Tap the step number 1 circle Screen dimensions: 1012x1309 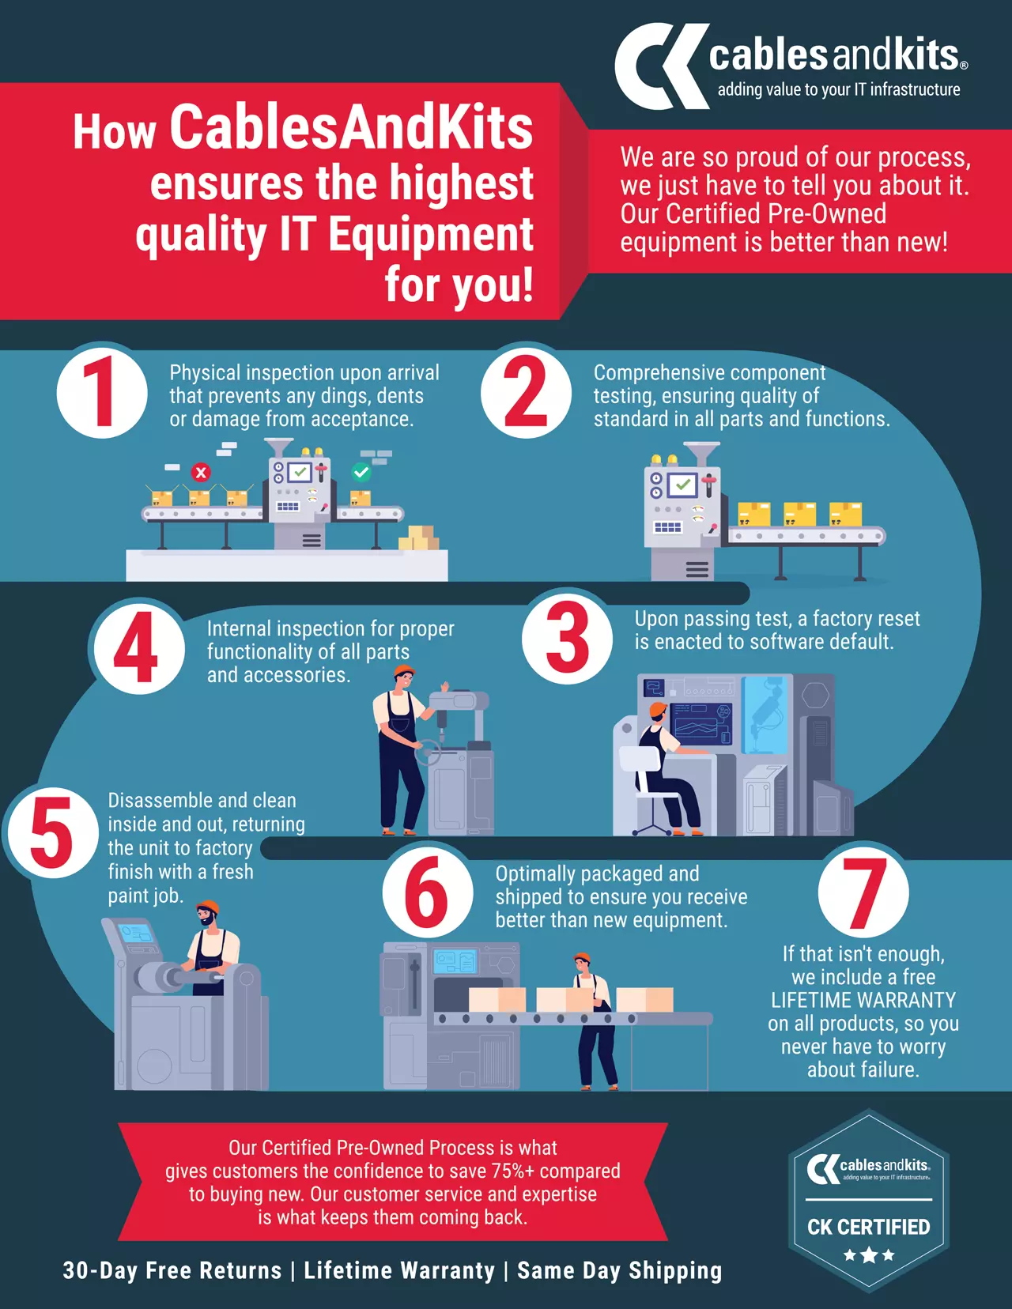pyautogui.click(x=102, y=393)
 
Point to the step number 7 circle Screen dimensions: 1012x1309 pyautogui.click(x=863, y=892)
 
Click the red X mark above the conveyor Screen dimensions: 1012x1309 pyautogui.click(x=201, y=472)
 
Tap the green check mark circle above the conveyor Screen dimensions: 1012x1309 pyautogui.click(x=361, y=472)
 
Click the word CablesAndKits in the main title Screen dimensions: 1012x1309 pyautogui.click(x=351, y=128)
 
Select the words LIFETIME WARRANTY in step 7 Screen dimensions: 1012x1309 pyautogui.click(x=863, y=1000)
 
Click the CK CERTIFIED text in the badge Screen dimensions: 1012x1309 pyautogui.click(x=868, y=1227)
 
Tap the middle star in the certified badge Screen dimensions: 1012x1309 pyautogui.click(x=869, y=1255)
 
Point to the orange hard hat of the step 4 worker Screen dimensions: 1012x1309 pyautogui.click(x=404, y=670)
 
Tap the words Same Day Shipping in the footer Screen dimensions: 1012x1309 pyautogui.click(x=619, y=1270)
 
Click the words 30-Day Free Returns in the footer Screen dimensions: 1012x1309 pyautogui.click(x=172, y=1270)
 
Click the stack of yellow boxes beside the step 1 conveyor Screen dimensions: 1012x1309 pyautogui.click(x=419, y=538)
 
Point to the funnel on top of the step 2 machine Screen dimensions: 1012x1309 pyautogui.click(x=701, y=454)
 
